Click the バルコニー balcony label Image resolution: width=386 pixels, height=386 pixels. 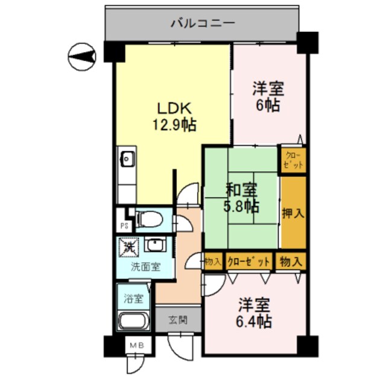pos(203,24)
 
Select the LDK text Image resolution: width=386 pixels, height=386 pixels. pos(174,109)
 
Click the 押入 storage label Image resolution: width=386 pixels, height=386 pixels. pos(293,212)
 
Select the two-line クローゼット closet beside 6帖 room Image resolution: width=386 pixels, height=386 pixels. pos(293,160)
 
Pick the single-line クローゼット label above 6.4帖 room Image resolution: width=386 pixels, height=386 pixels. pos(249,261)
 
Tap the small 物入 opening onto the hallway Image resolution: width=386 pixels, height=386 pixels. pos(212,261)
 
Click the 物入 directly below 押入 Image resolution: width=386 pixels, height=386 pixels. pos(291,261)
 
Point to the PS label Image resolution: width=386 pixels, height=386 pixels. pos(124,226)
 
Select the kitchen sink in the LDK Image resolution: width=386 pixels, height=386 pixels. pos(127,160)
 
